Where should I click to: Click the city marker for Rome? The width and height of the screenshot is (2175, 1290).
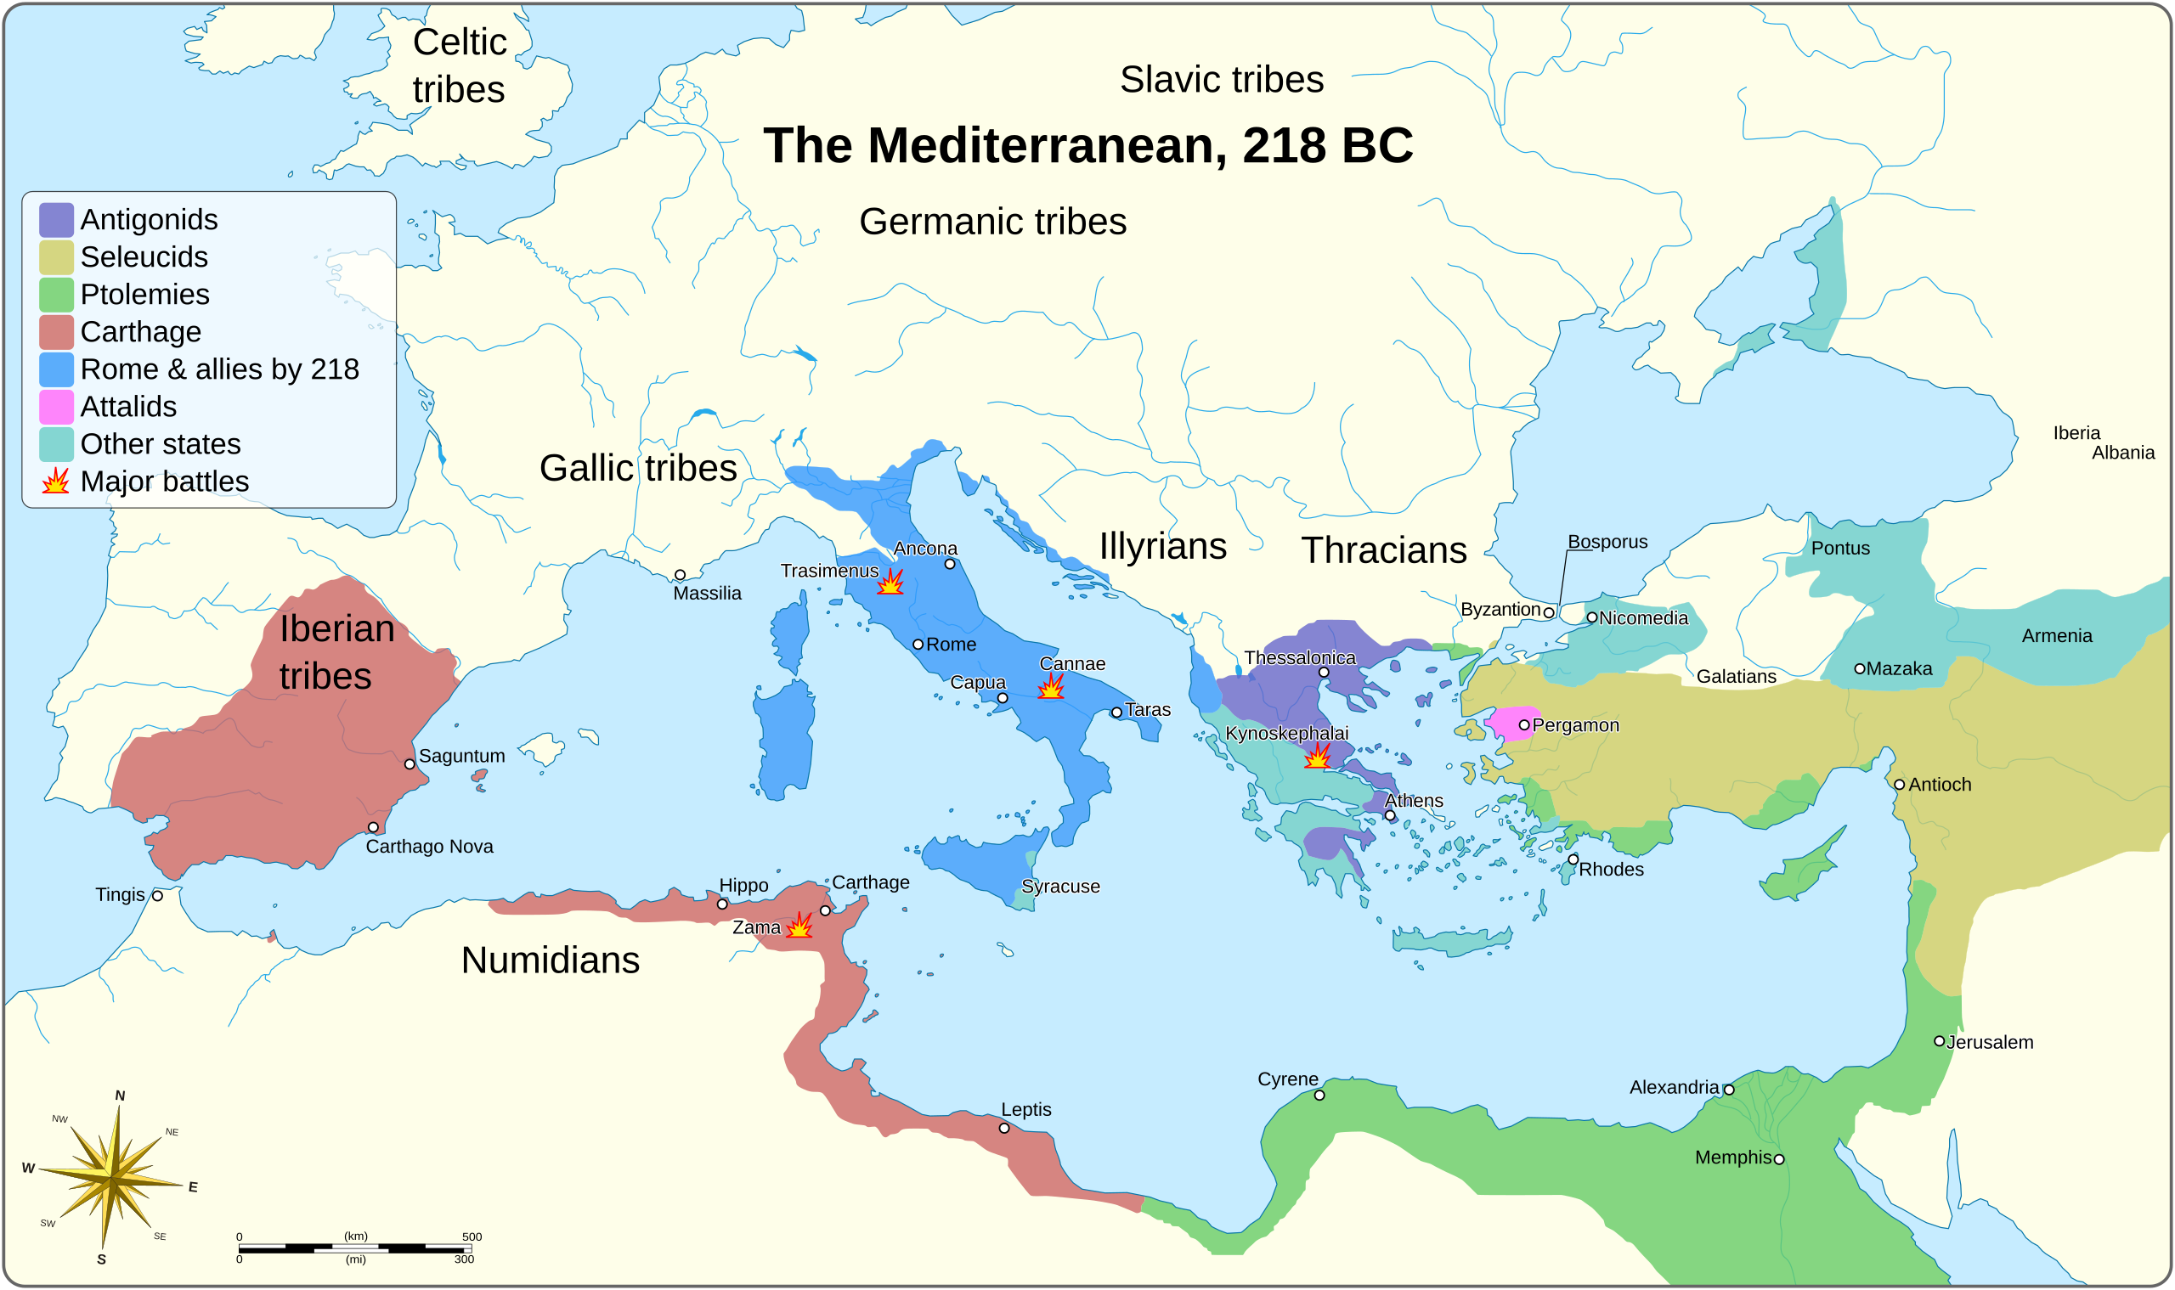pos(918,644)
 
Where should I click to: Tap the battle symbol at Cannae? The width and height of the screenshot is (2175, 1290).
pos(1050,687)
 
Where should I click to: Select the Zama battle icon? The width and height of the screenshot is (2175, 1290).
pos(799,926)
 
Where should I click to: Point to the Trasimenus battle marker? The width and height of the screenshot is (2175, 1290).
pos(890,582)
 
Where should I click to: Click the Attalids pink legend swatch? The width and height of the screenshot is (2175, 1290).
pos(56,407)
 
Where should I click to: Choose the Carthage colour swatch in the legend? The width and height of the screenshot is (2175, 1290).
pos(56,332)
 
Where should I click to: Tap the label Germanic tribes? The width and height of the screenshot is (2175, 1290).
pos(992,222)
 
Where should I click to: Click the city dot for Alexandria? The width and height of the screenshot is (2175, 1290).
pos(1729,1090)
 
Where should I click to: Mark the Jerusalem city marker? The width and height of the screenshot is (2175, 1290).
pos(1939,1040)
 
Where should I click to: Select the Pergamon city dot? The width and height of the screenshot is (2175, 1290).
pos(1523,724)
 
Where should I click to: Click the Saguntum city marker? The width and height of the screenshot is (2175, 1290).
pos(410,764)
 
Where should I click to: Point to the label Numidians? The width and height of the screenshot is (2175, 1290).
pos(550,960)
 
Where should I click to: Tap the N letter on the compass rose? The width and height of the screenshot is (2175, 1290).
pos(120,1096)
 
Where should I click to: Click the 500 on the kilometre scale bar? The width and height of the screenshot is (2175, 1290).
pos(472,1236)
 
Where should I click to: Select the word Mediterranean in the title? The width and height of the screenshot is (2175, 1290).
pos(1047,145)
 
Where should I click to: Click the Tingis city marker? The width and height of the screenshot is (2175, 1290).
pos(157,895)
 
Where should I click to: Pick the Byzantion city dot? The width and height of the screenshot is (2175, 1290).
pos(1548,612)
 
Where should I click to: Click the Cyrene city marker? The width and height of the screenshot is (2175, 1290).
pos(1319,1095)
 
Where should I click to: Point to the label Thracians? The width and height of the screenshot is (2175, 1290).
pos(1384,550)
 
